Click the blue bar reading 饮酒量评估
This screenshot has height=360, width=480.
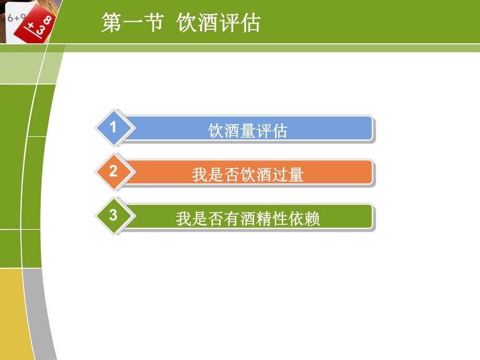[248, 129]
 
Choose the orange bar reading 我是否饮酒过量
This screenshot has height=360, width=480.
[248, 173]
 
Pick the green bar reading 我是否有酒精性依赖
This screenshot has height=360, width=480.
[248, 218]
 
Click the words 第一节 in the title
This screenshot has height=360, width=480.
[131, 23]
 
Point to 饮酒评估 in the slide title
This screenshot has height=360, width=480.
[219, 23]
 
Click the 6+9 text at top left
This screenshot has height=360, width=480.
[16, 17]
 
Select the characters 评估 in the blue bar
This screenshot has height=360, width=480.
[271, 130]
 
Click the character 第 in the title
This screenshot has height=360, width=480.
[111, 23]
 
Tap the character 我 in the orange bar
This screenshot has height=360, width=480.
[199, 174]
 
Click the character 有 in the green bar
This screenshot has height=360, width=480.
[232, 219]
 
